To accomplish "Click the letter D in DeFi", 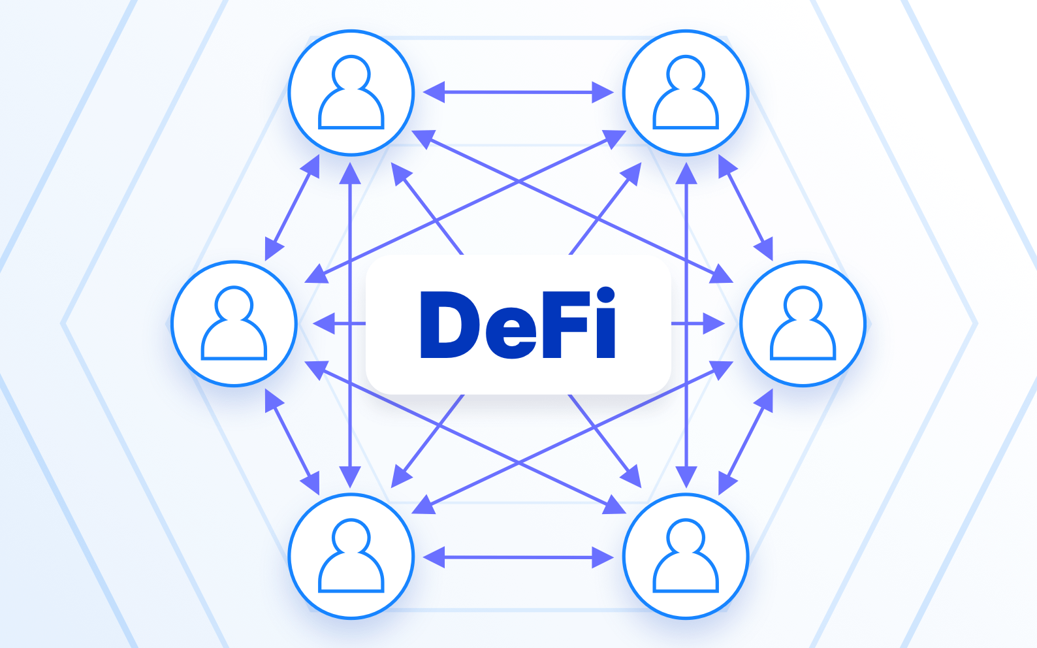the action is (449, 325).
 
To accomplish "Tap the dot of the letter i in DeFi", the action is (605, 295).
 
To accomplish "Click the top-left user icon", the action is (351, 92).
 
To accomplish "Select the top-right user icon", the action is (686, 92).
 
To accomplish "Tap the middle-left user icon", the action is (234, 323).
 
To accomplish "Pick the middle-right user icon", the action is (803, 323).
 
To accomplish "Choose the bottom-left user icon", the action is (351, 556).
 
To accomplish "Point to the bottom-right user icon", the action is (686, 556).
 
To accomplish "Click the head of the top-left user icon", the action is (351, 73).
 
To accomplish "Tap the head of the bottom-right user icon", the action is (686, 537).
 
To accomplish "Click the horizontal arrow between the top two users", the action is (518, 92).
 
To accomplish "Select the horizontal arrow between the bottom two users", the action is (518, 557).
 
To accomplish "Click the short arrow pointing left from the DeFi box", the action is (340, 323).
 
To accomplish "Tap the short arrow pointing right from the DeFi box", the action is (698, 323).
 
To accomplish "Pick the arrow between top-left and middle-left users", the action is (292, 208).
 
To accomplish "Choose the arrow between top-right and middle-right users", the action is (745, 208).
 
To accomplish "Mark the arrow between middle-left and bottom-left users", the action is (292, 442).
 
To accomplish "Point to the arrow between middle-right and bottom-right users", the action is (745, 442).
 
